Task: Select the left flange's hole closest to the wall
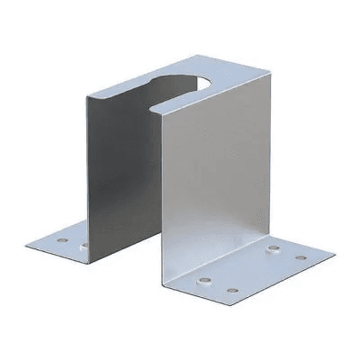(85, 245)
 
